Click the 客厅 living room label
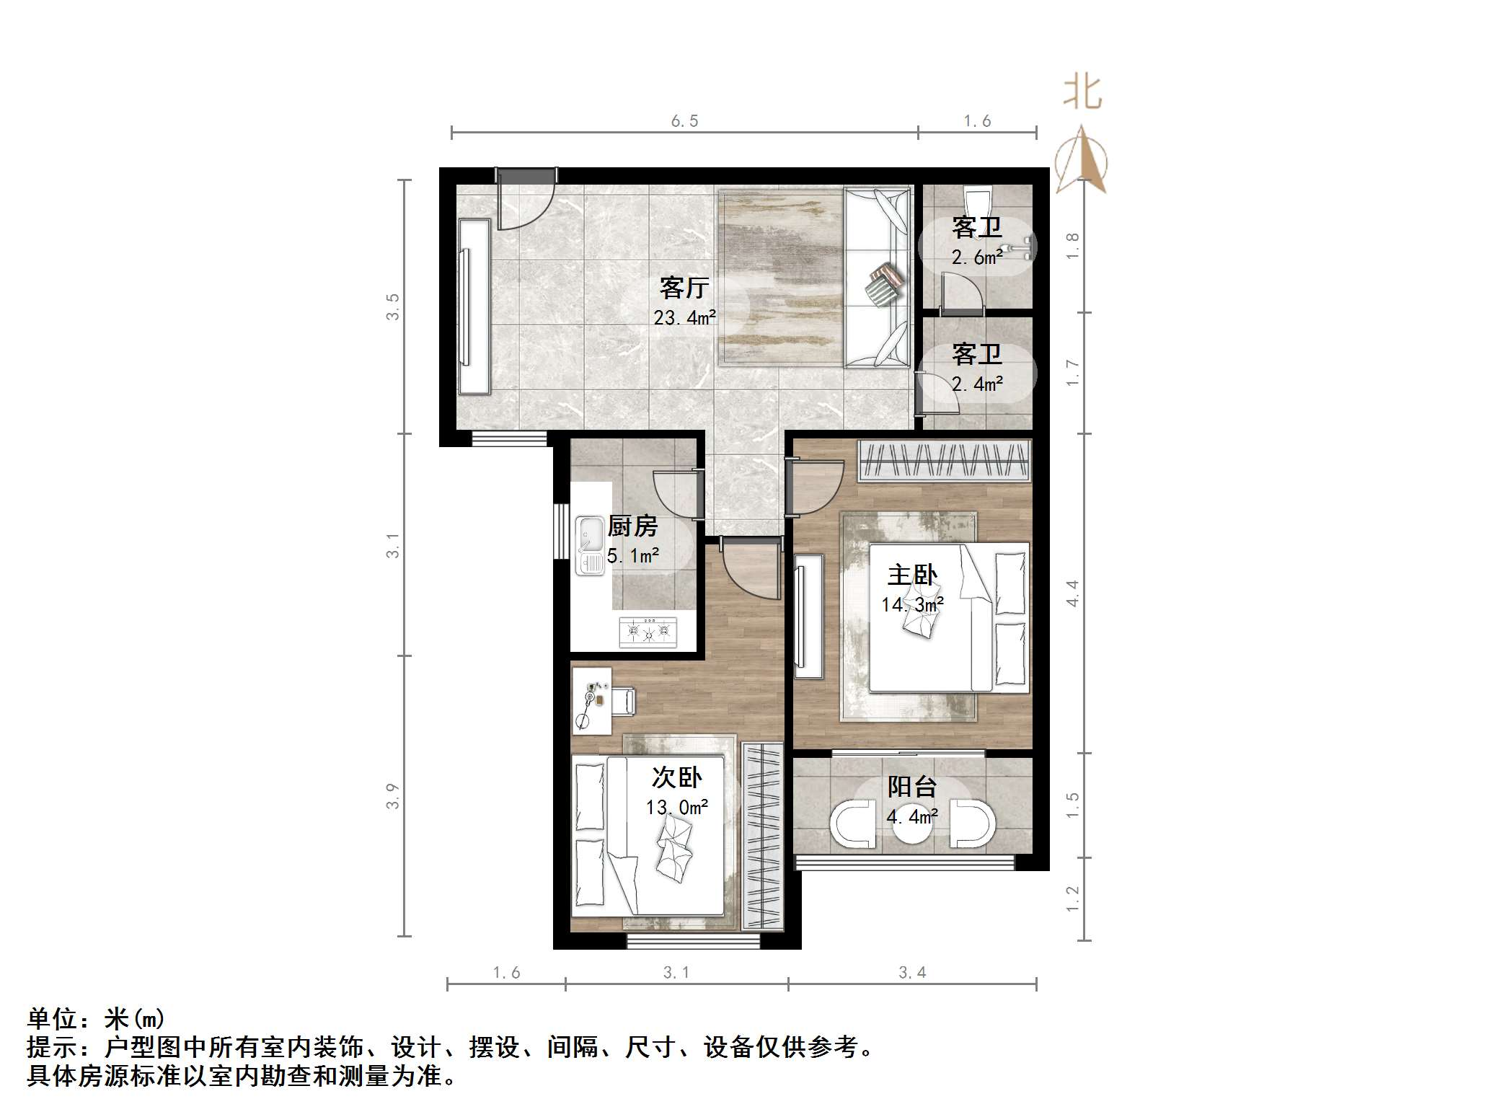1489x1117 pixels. pos(684,288)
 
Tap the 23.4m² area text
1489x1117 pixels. pos(684,317)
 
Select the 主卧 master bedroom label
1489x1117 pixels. pos(911,575)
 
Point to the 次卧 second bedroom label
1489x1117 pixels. pos(676,777)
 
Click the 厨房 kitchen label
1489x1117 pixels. pos(632,526)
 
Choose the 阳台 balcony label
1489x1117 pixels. pos(911,786)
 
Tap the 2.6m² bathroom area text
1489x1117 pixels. pos(976,257)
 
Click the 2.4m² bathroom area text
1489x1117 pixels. pos(976,384)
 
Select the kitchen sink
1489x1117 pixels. pos(590,545)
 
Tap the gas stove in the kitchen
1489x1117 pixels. pos(648,632)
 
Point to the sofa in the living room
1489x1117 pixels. pos(876,278)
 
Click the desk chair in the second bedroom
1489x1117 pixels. pos(624,700)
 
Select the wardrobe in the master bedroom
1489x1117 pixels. pos(945,461)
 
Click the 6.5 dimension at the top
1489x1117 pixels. pos(684,121)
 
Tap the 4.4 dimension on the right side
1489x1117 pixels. pos(1072,593)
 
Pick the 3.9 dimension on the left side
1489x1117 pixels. pos(392,796)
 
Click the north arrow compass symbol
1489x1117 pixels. pos(1081,160)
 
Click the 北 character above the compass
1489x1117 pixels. pos(1082,93)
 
